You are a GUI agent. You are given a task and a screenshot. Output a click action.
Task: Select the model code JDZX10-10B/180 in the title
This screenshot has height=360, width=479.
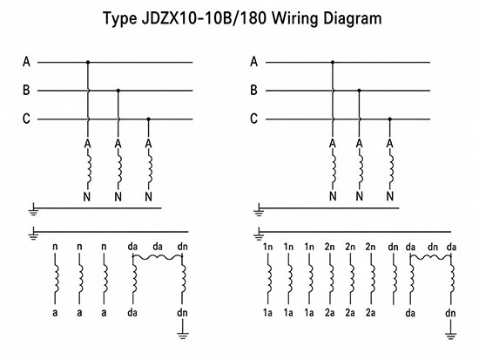tap(204, 18)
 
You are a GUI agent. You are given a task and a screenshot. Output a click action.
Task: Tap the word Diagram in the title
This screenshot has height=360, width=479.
tap(352, 18)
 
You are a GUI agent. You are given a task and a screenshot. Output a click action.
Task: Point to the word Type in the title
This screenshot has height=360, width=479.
tap(120, 18)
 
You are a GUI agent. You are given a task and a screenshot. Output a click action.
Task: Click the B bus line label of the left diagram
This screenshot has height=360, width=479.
tap(26, 91)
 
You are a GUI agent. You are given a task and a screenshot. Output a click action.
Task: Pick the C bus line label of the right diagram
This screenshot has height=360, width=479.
tap(253, 119)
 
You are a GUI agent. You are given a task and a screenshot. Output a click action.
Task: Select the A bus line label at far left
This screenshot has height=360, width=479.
tap(26, 62)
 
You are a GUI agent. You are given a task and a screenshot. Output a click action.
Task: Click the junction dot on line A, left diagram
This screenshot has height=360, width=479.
tap(88, 63)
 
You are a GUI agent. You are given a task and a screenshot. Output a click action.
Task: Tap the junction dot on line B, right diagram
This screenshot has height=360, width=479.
tap(359, 91)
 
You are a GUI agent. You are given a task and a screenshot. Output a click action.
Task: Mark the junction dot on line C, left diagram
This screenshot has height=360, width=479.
tap(148, 119)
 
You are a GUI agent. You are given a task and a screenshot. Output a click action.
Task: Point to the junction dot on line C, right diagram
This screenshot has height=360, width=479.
tap(389, 119)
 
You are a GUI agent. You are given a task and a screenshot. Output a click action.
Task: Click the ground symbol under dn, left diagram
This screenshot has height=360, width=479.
tap(182, 336)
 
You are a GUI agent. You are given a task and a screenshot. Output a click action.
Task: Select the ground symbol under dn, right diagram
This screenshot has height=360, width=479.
tap(450, 336)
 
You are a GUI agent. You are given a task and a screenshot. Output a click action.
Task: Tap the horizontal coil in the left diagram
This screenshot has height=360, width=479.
tap(158, 257)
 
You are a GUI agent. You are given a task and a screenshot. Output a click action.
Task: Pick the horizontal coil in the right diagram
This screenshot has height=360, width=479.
tap(430, 257)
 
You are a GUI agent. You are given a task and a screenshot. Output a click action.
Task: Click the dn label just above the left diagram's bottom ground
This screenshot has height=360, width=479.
tap(182, 313)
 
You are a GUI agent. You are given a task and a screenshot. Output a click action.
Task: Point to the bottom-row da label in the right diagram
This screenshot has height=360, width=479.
tap(410, 313)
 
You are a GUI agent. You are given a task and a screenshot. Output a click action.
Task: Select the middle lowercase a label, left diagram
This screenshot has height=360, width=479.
tap(79, 313)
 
